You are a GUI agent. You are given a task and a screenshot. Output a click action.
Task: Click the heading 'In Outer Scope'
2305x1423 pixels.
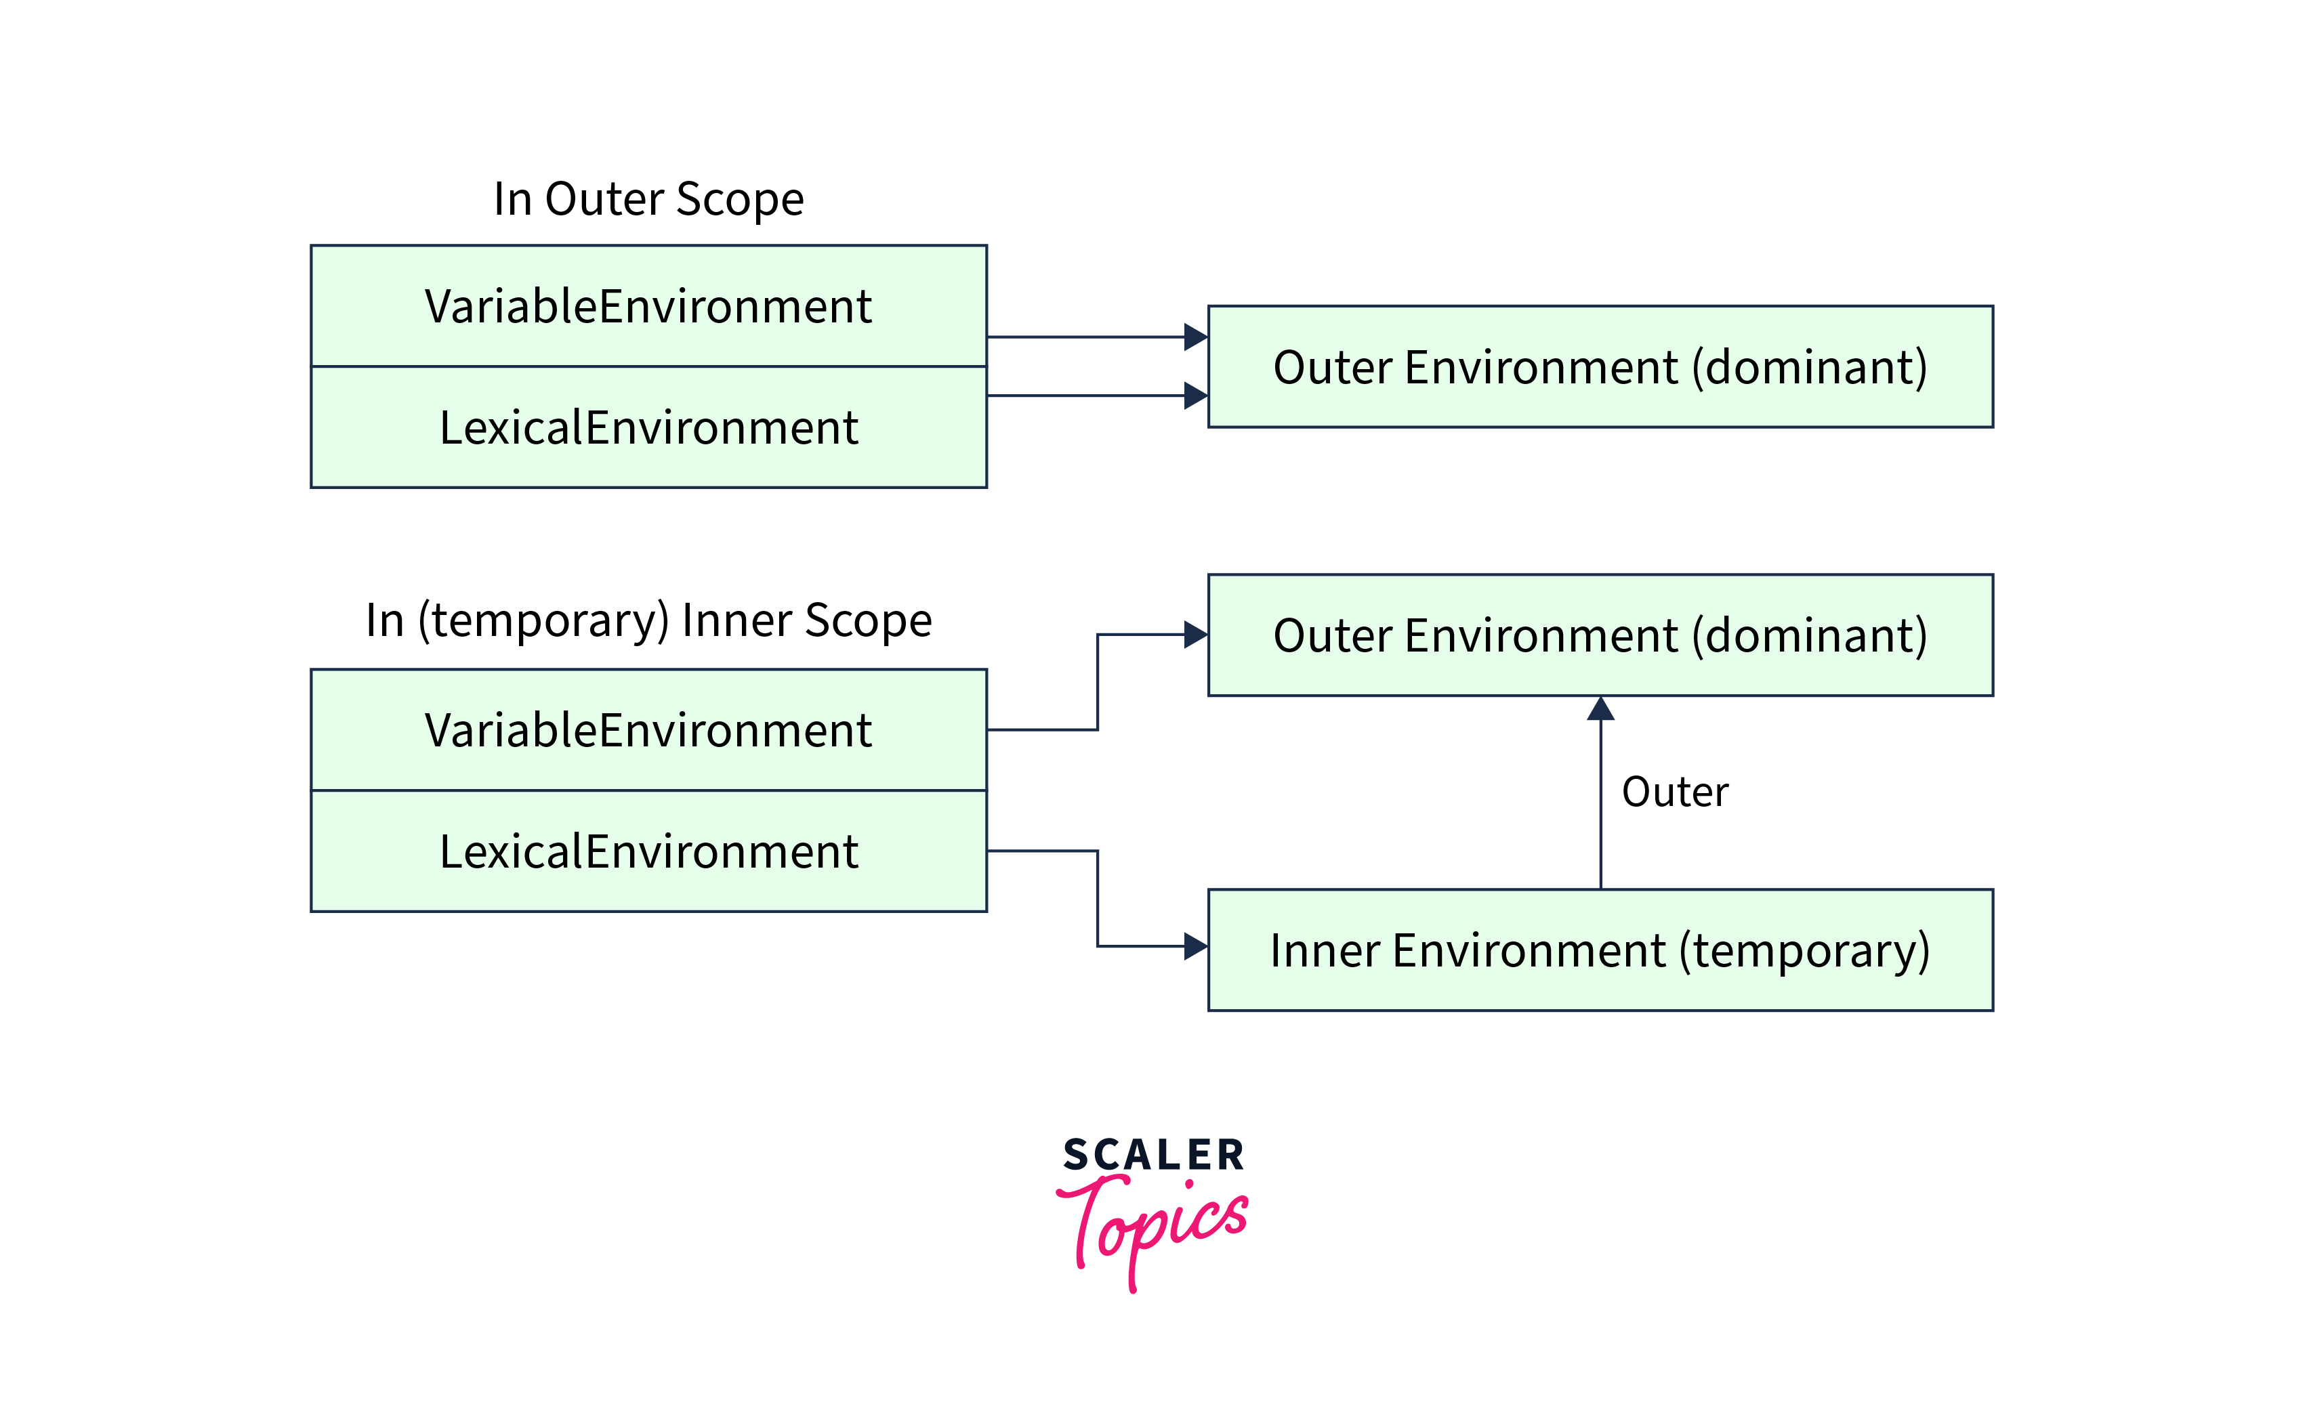[648, 200]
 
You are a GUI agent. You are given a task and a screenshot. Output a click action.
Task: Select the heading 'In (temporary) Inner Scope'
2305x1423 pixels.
[648, 620]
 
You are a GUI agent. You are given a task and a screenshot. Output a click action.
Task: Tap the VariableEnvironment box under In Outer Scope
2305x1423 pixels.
[648, 306]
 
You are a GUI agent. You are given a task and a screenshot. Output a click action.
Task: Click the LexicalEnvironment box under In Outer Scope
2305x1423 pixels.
[648, 427]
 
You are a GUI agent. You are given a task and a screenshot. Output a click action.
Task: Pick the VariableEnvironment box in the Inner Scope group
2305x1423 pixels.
[648, 729]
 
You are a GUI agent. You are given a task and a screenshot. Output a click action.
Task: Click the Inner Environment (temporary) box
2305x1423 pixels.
[1600, 950]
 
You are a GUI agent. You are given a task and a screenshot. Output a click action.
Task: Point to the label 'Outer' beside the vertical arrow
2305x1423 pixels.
[1674, 792]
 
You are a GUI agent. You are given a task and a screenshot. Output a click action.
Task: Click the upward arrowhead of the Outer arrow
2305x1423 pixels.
[1600, 708]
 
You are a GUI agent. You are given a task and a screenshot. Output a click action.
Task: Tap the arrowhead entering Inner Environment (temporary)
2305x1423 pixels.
[1195, 946]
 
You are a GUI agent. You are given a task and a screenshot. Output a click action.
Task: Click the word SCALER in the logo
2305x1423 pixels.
[1153, 1155]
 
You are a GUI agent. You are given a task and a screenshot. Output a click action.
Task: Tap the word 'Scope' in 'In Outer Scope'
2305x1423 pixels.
[740, 200]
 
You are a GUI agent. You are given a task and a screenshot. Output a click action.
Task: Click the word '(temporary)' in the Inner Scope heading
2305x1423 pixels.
[543, 620]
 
